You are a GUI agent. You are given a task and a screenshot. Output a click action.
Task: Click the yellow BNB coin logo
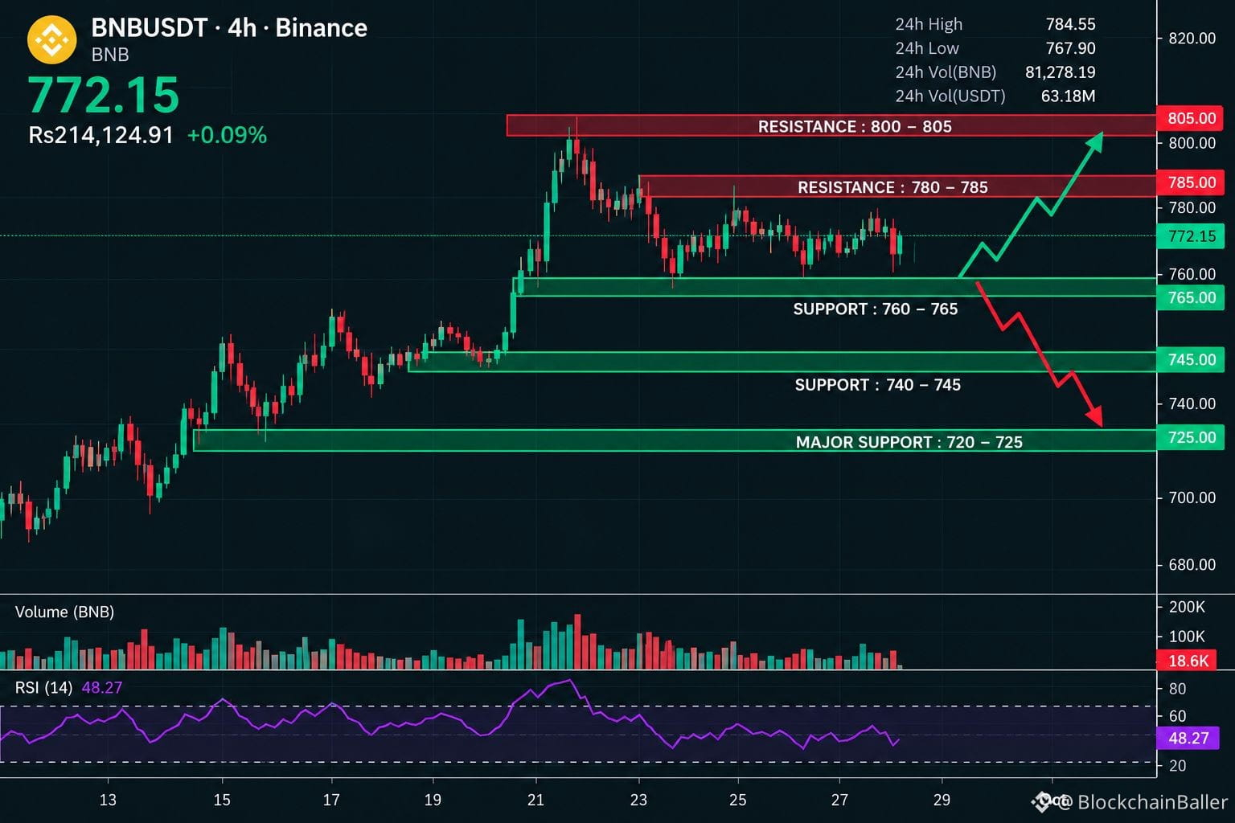click(x=51, y=39)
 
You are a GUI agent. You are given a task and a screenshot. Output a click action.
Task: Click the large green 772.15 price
click(x=103, y=96)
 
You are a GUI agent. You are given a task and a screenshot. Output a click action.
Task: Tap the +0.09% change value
click(x=228, y=136)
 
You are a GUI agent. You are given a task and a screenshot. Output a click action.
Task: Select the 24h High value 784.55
click(x=1070, y=24)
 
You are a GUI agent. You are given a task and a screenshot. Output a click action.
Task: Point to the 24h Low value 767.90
click(x=1070, y=48)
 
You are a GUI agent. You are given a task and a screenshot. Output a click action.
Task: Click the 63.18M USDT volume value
click(x=1068, y=96)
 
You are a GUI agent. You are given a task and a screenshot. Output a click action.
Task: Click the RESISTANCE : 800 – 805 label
click(x=855, y=127)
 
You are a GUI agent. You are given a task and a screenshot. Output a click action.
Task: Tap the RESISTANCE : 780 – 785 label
click(x=892, y=187)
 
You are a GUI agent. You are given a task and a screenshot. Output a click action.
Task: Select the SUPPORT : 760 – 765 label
click(x=875, y=309)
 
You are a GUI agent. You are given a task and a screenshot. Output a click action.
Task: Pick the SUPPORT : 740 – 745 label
click(x=877, y=385)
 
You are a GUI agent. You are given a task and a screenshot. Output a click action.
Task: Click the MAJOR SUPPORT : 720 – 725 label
click(x=909, y=442)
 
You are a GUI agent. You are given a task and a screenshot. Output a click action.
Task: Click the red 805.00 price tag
click(x=1190, y=118)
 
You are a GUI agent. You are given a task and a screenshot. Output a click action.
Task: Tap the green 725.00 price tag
click(x=1190, y=438)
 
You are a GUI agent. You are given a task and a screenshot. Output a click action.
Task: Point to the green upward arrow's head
click(x=1096, y=141)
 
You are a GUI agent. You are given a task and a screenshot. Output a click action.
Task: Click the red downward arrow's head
click(x=1096, y=417)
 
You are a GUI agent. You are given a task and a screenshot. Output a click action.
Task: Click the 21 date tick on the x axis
click(x=535, y=800)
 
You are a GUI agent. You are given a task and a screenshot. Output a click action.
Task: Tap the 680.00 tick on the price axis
click(x=1192, y=565)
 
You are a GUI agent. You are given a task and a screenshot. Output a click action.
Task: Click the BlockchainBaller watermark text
click(x=1152, y=802)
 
